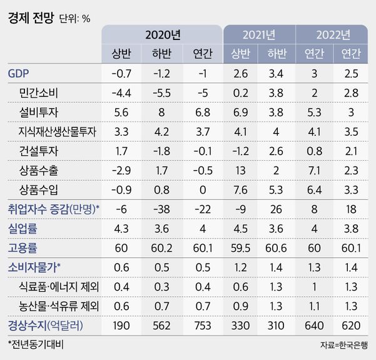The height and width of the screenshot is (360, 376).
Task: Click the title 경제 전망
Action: (x=30, y=18)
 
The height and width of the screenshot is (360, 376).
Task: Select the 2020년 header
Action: (x=162, y=34)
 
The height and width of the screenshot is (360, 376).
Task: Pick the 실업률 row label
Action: (x=23, y=229)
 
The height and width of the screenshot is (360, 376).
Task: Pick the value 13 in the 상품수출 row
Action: (x=240, y=170)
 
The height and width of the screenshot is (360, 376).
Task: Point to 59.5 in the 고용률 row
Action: (x=240, y=249)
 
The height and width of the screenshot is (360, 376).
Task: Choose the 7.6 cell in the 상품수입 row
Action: (x=240, y=190)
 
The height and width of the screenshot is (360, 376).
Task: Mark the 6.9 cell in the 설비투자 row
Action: (x=240, y=113)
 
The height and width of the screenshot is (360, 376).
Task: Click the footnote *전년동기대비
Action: (x=36, y=345)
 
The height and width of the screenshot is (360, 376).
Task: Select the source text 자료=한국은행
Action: (x=343, y=346)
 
